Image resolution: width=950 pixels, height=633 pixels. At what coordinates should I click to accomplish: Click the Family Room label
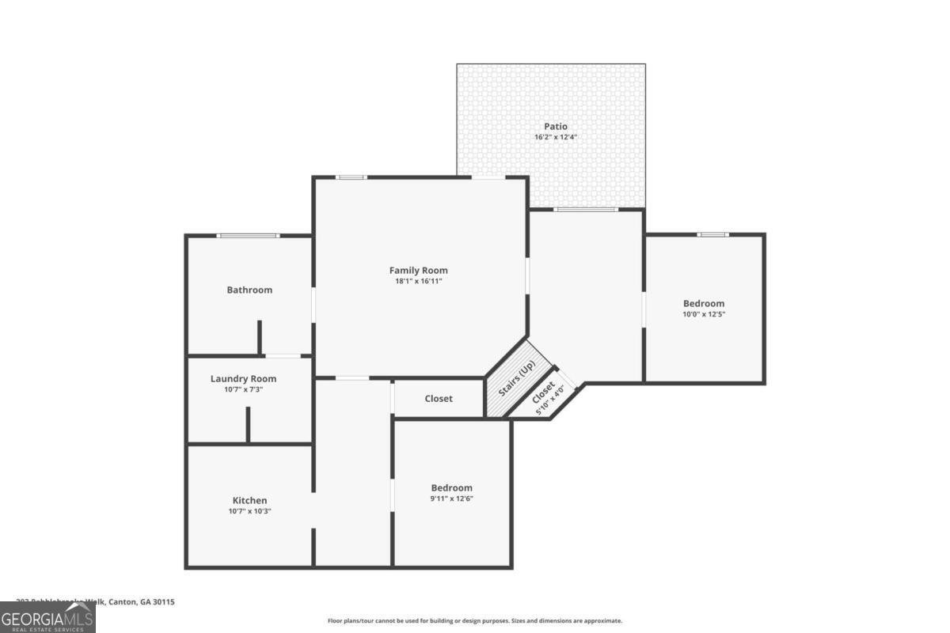coord(418,271)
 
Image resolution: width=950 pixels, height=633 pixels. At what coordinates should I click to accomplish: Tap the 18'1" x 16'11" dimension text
coord(418,282)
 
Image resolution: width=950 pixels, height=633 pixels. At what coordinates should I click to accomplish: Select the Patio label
coord(555,127)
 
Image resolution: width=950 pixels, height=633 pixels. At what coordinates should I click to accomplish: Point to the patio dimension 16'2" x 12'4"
coord(555,138)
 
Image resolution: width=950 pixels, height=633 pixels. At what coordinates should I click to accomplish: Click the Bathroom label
coord(249,290)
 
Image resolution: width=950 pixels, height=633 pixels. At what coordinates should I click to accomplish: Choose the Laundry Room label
coord(243,379)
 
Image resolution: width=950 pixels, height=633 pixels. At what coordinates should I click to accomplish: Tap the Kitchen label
coord(249,501)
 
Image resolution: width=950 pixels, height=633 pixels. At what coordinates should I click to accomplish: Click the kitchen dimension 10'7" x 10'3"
coord(249,511)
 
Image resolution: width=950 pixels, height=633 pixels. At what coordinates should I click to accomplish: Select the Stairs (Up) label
coord(517,380)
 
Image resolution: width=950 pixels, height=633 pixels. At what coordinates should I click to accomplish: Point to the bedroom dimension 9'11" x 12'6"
coord(451,498)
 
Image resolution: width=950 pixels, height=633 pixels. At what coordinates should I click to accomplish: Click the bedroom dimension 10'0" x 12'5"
coord(704,314)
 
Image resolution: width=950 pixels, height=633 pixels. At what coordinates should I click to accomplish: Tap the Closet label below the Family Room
coord(439,399)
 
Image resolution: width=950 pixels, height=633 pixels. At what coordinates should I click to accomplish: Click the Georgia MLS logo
coord(47,617)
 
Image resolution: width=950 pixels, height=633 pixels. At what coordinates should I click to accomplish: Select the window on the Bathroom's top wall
coord(248,236)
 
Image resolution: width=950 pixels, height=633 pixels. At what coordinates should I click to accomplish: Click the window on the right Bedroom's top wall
coord(712,234)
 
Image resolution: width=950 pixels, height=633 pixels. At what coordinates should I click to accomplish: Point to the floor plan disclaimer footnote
coord(475,621)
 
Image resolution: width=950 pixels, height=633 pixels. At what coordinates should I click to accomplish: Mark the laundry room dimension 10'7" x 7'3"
coord(243,389)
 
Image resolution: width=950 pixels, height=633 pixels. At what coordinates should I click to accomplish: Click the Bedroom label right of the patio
coord(704,304)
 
